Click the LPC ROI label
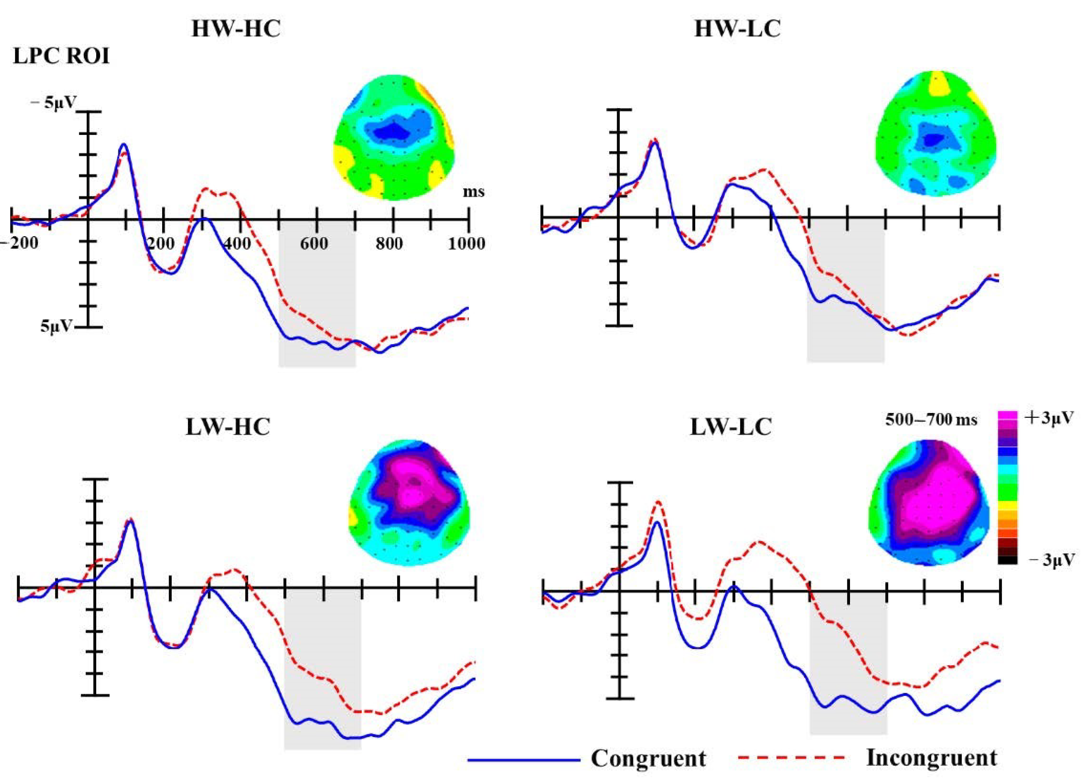point(61,57)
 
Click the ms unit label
point(473,193)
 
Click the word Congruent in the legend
point(648,758)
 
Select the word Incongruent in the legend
point(932,758)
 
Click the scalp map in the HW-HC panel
point(393,137)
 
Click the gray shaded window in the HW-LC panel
point(845,297)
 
